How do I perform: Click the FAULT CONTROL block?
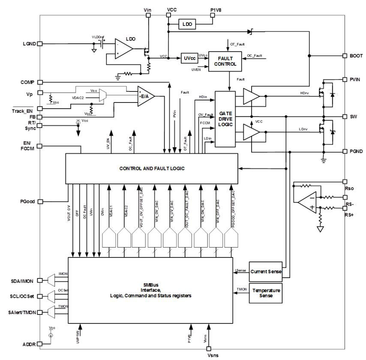(x=225, y=61)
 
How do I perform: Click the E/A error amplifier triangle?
(x=145, y=96)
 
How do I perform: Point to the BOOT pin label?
(x=356, y=56)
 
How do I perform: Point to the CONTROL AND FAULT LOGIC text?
(x=152, y=168)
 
